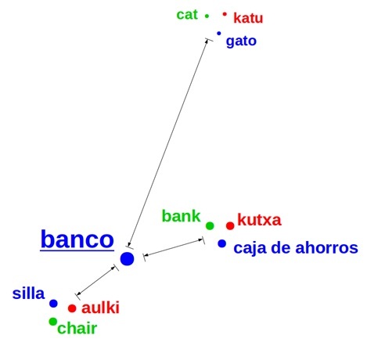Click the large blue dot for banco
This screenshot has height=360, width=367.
[127, 259]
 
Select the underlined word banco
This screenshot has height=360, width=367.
[77, 239]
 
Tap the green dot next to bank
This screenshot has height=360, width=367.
[210, 225]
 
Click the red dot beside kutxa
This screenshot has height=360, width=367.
[230, 225]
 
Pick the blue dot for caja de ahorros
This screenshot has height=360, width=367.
[222, 243]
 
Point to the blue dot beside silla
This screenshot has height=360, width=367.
[53, 304]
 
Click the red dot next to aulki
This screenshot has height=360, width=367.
[72, 308]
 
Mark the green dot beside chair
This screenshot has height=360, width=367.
[53, 322]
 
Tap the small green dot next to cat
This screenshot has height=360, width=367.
[207, 16]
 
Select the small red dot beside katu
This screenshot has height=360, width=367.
[225, 14]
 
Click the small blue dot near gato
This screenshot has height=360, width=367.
[219, 34]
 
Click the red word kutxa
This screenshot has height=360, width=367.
[259, 220]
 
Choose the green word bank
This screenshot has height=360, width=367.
[181, 216]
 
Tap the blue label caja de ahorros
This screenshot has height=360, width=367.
[296, 248]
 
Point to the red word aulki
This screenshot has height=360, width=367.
[100, 308]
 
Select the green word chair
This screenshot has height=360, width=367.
[77, 328]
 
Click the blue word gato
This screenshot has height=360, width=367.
[241, 41]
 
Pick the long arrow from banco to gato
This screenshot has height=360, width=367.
[169, 143]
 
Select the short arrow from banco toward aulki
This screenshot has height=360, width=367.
[97, 282]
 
